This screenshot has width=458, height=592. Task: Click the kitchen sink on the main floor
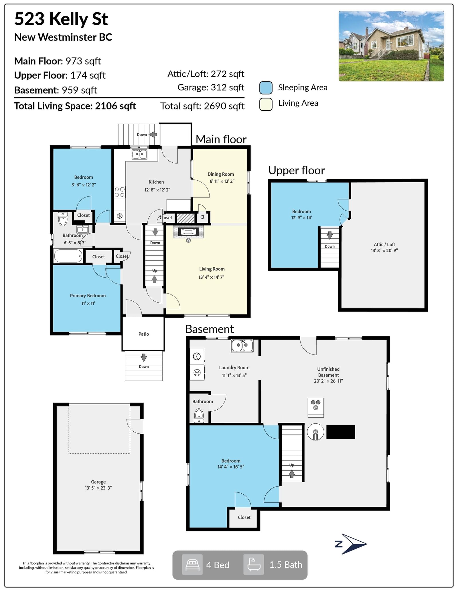point(139,154)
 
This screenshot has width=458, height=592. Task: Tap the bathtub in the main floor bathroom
point(68,256)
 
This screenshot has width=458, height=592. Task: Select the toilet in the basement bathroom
point(199,416)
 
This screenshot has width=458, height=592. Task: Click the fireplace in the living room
point(188,232)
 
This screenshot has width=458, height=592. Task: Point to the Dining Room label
point(221,174)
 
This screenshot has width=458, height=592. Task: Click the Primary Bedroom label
point(88,296)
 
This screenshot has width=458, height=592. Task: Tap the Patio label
point(144,334)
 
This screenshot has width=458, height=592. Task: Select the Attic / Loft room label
point(384,244)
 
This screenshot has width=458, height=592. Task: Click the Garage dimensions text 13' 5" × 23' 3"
point(98,488)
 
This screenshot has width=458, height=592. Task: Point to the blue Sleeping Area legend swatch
point(266,88)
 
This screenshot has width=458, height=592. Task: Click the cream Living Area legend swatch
point(266,104)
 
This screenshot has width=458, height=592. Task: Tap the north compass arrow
point(354,544)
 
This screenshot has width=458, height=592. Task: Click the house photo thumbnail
point(391,46)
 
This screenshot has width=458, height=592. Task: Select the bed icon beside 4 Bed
point(192,565)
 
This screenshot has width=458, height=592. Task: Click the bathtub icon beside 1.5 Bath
point(254,565)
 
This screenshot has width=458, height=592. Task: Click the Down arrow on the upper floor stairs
point(330,235)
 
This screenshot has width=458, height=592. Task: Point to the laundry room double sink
point(242,345)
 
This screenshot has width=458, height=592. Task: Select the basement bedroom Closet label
point(244,517)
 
